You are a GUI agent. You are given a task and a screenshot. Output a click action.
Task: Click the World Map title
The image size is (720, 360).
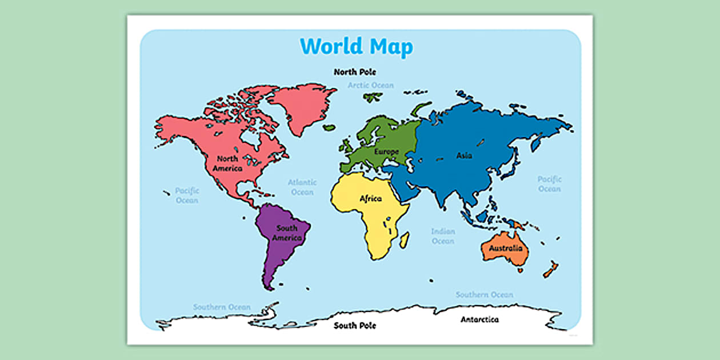pos(356,46)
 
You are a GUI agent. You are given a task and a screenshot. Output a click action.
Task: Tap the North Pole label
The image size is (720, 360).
pos(355,72)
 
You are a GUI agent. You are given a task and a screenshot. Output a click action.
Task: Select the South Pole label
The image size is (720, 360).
pos(355,326)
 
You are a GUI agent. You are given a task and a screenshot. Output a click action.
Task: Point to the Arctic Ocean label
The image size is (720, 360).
pos(371,86)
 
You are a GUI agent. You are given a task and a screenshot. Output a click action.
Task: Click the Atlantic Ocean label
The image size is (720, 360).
pos(302,187)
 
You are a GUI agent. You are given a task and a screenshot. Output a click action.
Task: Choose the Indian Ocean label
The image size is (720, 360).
pos(443,237)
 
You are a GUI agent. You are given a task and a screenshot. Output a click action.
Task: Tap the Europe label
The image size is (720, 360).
pos(386,152)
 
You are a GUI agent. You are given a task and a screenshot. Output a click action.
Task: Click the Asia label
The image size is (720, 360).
pos(464,155)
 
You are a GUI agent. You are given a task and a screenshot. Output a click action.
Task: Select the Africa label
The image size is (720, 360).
pos(370,199)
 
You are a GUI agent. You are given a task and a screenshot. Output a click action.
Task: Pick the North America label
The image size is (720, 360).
pos(227,163)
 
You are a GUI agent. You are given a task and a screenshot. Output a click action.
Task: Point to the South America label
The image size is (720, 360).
pos(287,233)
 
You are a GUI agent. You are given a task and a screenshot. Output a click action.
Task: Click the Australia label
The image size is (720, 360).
pos(505,249)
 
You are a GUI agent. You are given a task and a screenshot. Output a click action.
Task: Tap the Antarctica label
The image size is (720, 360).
pos(479,319)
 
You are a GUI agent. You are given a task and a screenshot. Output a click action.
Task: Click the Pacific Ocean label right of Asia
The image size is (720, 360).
pos(549,184)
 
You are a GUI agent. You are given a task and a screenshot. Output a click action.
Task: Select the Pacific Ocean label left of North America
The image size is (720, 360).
pos(187,195)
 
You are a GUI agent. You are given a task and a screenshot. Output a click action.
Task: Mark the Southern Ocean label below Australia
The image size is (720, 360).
pos(484,295)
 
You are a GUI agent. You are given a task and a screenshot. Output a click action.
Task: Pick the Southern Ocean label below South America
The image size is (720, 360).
pos(222,307)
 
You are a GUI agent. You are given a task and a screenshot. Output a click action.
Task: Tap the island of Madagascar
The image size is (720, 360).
pos(404,239)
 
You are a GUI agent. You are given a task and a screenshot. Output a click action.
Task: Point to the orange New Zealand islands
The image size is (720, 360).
pos(550,269)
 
